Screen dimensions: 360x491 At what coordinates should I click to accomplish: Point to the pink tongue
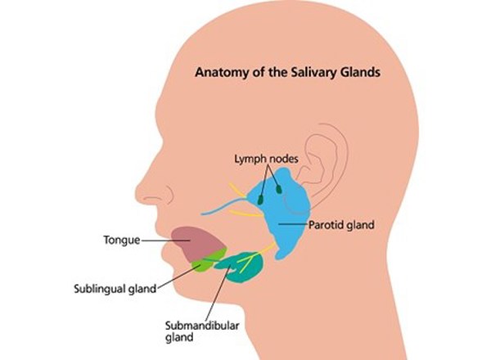pos(193,242)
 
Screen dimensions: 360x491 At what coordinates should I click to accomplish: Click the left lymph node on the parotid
pos(261,199)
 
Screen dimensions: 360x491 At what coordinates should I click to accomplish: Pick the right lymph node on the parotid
pos(279,190)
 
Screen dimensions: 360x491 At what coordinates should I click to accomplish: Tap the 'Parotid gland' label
pos(341,223)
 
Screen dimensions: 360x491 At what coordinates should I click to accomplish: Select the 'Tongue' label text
pos(120,241)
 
